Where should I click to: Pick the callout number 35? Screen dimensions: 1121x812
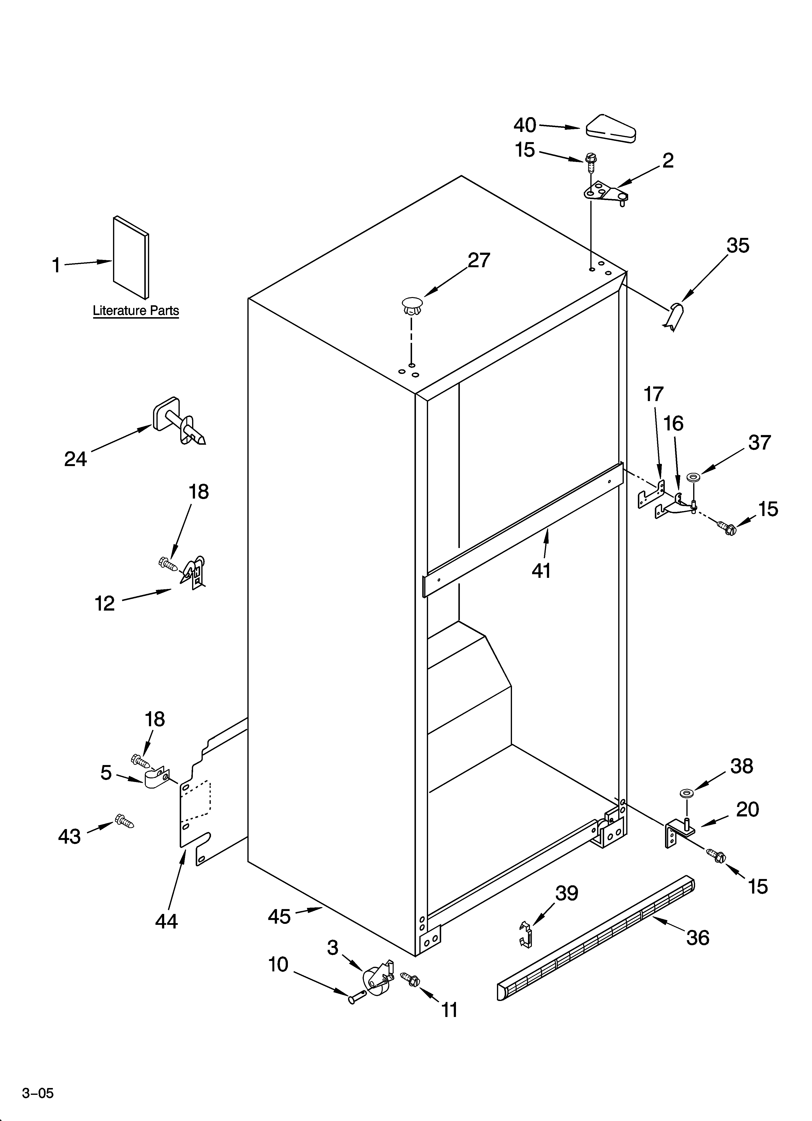coord(738,246)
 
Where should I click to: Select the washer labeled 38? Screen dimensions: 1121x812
coord(686,793)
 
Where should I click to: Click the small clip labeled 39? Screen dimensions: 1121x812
coord(527,934)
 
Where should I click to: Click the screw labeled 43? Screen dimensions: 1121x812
coord(124,822)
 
